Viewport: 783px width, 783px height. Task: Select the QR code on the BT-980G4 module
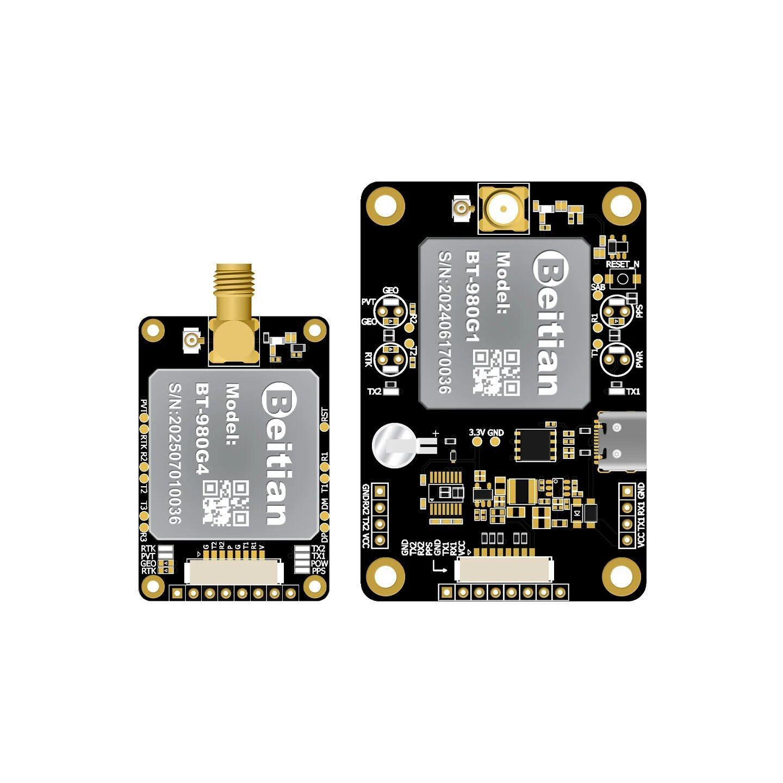coord(226,502)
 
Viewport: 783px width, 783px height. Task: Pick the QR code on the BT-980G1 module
coord(496,372)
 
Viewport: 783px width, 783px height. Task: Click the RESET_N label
coord(623,264)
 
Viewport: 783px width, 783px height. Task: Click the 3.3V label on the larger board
coord(476,433)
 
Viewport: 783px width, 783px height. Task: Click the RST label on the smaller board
coord(325,415)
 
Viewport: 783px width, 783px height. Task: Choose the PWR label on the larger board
coord(639,359)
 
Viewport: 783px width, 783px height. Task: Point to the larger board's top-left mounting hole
coord(386,206)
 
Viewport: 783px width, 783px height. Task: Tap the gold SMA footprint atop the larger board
coord(503,208)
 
